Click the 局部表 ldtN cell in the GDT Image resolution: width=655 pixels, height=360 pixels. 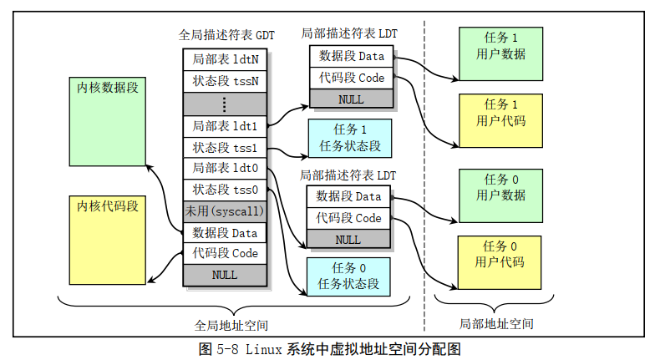pos(225,59)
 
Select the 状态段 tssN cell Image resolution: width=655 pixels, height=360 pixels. pos(225,81)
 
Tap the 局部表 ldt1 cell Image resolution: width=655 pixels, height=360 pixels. pos(225,126)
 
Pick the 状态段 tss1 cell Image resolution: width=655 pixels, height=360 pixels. pos(225,148)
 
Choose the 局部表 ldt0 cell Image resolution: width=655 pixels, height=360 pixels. pos(225,169)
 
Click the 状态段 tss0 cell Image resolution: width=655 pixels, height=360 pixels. pos(225,190)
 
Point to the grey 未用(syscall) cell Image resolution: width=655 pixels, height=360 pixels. pos(225,211)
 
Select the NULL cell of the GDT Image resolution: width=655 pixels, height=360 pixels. pos(225,275)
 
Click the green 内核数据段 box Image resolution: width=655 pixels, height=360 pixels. pos(107,120)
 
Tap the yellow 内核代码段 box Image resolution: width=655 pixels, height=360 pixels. pos(107,239)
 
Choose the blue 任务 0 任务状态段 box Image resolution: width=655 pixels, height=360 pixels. pos(349,276)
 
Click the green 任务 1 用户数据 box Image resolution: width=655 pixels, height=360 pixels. pos(501,54)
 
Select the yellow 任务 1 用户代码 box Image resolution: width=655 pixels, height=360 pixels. pos(501,121)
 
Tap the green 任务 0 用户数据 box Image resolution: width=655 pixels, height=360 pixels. pos(501,195)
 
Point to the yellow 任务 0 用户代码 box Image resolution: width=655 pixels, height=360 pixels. pos(501,262)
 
